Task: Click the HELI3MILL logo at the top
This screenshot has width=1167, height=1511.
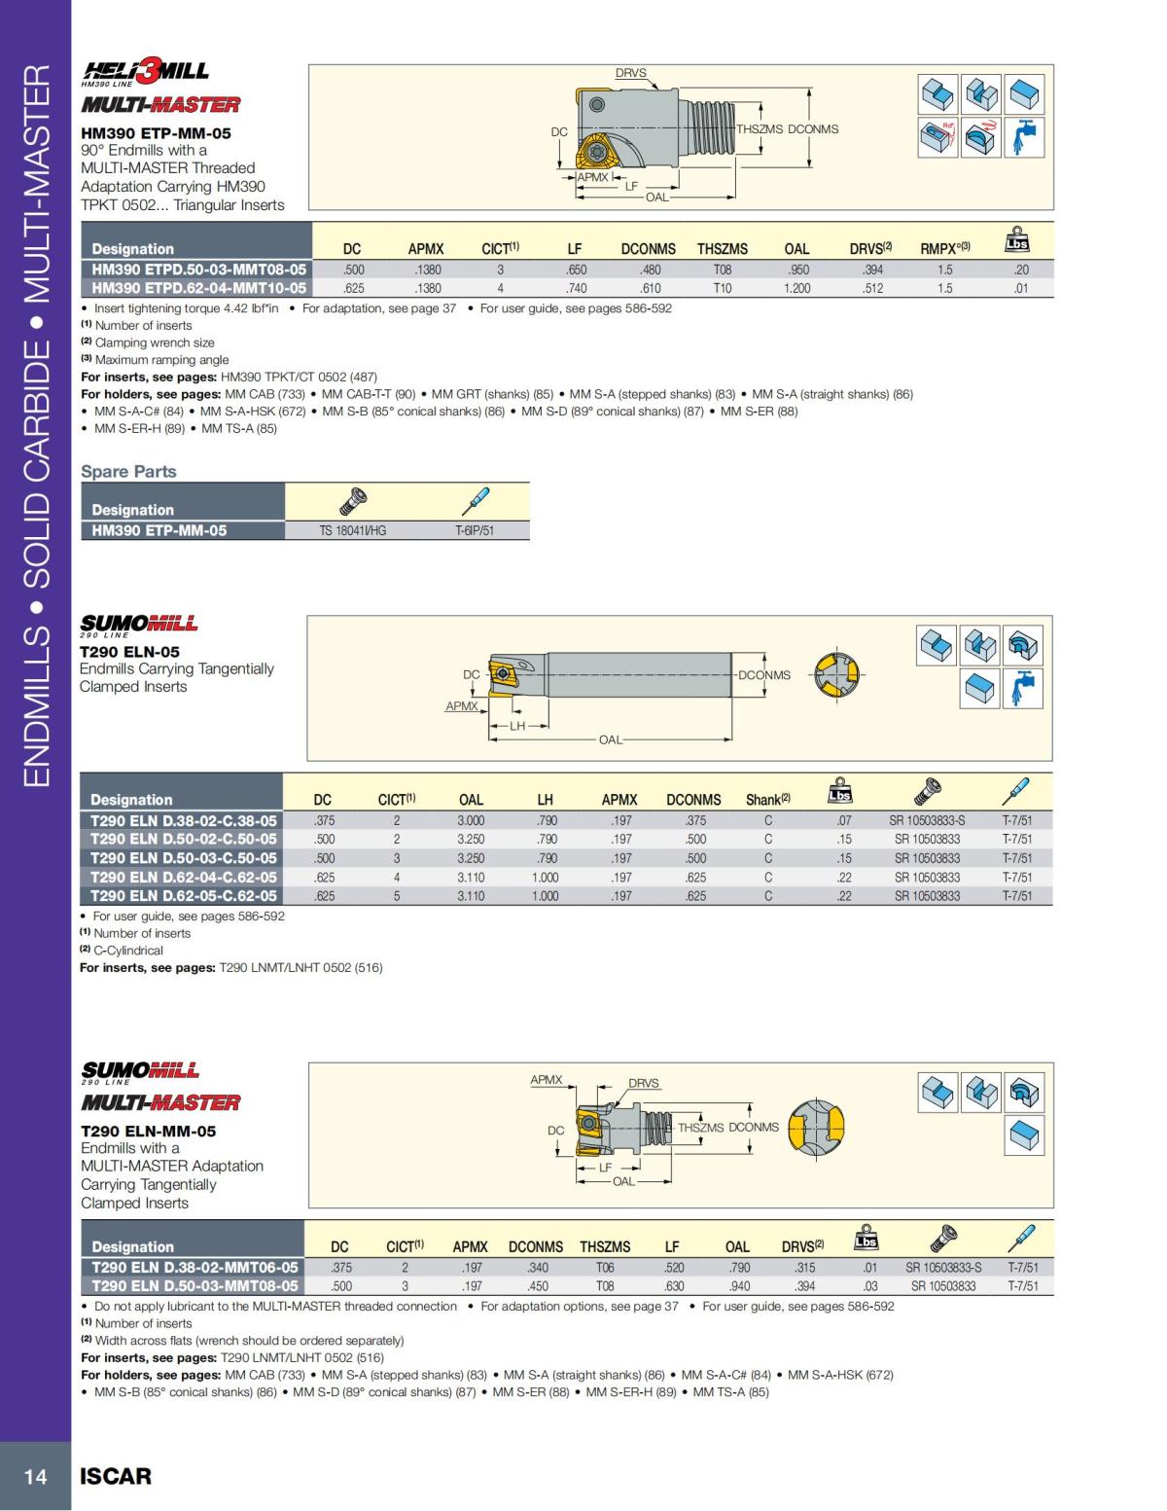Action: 146,71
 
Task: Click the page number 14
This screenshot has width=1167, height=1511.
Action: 35,1476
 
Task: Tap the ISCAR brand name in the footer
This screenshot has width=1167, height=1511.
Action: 116,1476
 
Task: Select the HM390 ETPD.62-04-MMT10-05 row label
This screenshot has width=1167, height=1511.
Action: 198,288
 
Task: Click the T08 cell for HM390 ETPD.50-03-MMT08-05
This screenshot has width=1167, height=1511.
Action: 722,270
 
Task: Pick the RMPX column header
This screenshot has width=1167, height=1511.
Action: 944,249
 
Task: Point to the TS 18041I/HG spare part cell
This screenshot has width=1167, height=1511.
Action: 352,530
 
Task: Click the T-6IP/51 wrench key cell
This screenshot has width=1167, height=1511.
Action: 475,530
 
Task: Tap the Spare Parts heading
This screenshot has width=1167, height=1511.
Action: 128,472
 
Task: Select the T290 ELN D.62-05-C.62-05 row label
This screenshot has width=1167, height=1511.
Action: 183,896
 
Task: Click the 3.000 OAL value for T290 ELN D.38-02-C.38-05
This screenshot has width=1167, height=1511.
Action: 471,820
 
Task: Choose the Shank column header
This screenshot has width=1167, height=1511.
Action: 767,800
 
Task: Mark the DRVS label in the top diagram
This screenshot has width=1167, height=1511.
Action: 630,73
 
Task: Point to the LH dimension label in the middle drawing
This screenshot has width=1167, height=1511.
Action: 517,726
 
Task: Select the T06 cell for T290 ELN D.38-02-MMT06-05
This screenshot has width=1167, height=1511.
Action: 605,1268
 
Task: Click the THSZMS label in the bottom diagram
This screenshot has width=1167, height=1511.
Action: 700,1128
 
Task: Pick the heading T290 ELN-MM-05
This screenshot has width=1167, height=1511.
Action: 148,1132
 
